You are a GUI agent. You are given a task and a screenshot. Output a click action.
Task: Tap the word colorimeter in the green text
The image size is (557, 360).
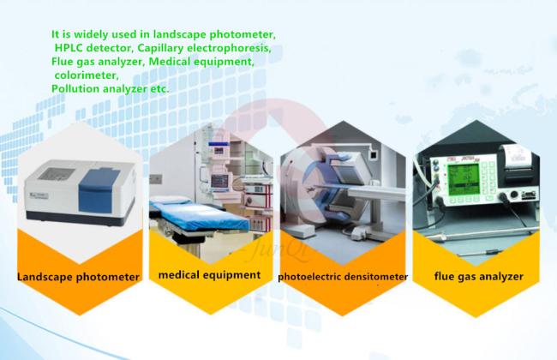tap(87, 75)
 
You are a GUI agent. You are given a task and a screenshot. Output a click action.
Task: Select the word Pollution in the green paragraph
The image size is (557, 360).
tap(75, 89)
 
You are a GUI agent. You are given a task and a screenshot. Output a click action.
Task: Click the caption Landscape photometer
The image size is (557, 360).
tap(78, 277)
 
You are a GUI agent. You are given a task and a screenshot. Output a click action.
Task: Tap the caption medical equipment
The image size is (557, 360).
tap(209, 274)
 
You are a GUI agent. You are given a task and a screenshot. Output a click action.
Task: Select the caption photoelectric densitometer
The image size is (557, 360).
tap(343, 277)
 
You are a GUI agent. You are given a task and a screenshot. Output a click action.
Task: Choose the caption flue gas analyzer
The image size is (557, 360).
tap(478, 276)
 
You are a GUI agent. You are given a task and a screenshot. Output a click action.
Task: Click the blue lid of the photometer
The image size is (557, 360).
tap(99, 190)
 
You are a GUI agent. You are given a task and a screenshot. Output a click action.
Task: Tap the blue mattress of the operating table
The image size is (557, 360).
tap(199, 215)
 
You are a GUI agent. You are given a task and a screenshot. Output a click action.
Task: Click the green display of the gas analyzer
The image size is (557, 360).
tap(464, 179)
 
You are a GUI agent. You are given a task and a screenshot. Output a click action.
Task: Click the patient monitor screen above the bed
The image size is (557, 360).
tap(220, 181)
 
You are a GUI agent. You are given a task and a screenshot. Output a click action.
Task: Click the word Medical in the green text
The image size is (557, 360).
tap(170, 62)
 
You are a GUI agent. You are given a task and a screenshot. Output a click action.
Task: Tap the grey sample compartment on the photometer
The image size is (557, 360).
tap(56, 173)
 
